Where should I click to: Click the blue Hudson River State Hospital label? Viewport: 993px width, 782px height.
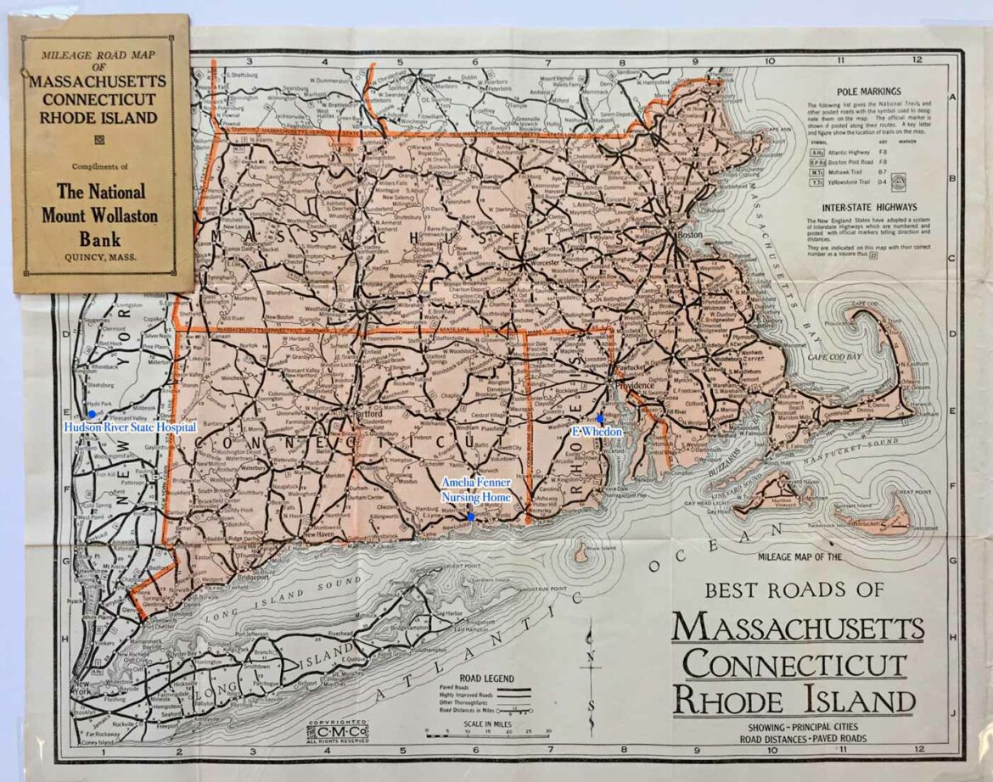tap(130, 427)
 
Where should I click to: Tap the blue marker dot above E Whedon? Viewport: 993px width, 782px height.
tap(600, 419)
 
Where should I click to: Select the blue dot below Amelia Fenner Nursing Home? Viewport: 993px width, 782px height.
tap(471, 516)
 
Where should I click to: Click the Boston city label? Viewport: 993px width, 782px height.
tap(687, 235)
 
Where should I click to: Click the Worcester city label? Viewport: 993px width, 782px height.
tap(547, 263)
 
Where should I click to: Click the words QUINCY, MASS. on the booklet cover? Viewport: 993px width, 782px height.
tap(100, 257)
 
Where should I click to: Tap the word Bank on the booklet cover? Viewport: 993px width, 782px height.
tap(100, 237)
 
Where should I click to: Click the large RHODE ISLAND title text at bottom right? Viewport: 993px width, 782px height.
tap(794, 701)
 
